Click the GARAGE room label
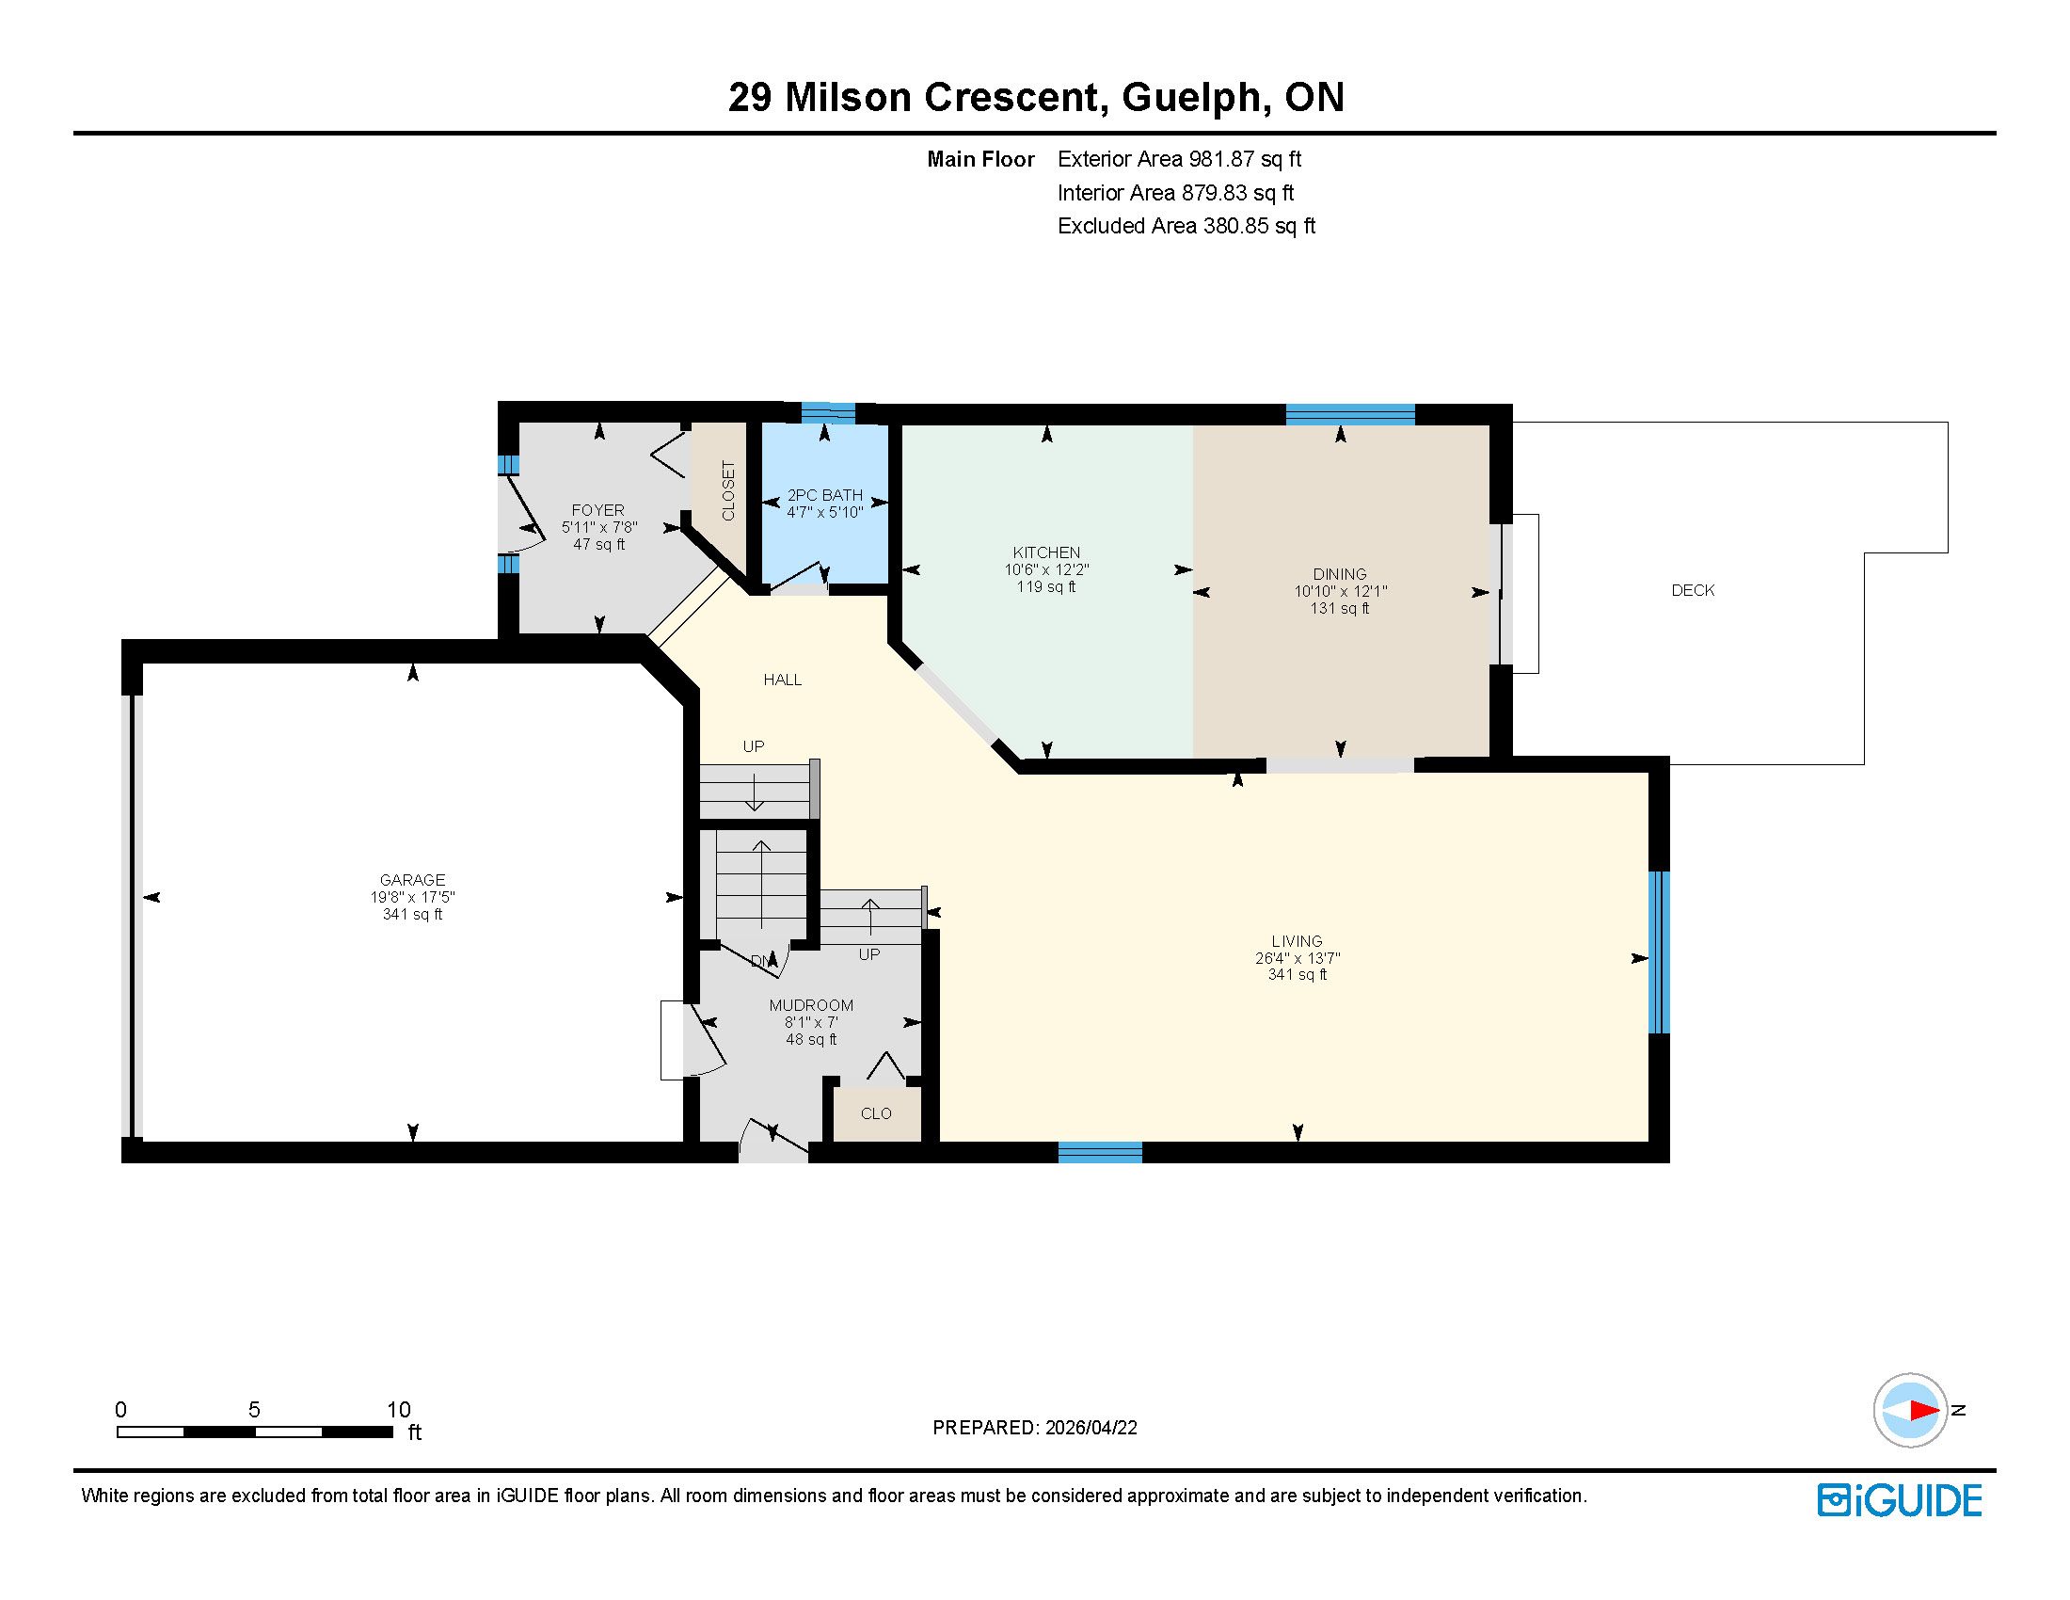pyautogui.click(x=412, y=880)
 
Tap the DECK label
pyautogui.click(x=1693, y=590)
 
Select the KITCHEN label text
pyautogui.click(x=1046, y=552)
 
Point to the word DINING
pyautogui.click(x=1340, y=574)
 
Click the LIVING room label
pyautogui.click(x=1298, y=941)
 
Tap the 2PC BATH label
pyautogui.click(x=824, y=495)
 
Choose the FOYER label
pyautogui.click(x=598, y=510)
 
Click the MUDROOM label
pyautogui.click(x=811, y=1005)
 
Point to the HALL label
pyautogui.click(x=783, y=680)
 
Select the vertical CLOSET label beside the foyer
pyautogui.click(x=728, y=491)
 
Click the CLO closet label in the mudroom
pyautogui.click(x=876, y=1112)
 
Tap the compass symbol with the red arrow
pyautogui.click(x=1911, y=1411)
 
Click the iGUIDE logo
pyautogui.click(x=1900, y=1500)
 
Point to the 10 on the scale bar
pyautogui.click(x=399, y=1410)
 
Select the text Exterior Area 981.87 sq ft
pyautogui.click(x=1180, y=159)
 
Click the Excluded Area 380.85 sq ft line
pyautogui.click(x=1186, y=226)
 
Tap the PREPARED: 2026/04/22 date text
pyautogui.click(x=1035, y=1428)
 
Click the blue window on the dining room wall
pyautogui.click(x=1350, y=414)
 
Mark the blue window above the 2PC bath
pyautogui.click(x=828, y=412)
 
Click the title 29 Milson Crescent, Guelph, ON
pyautogui.click(x=1036, y=97)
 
